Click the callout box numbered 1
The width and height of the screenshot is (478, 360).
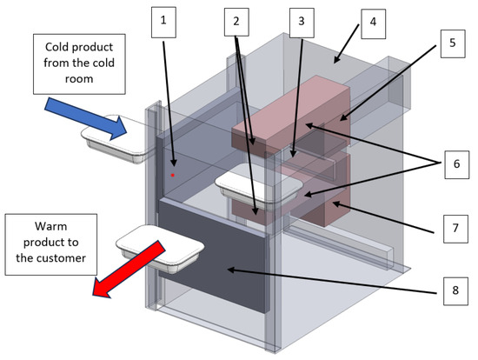pyautogui.click(x=163, y=23)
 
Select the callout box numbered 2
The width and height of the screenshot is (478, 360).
pyautogui.click(x=236, y=22)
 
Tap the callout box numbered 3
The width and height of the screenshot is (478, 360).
pyautogui.click(x=302, y=23)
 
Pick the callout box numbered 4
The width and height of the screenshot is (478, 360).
pyautogui.click(x=374, y=23)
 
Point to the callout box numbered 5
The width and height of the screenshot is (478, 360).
pyautogui.click(x=453, y=43)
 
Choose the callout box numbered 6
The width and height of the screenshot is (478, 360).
pyautogui.click(x=456, y=164)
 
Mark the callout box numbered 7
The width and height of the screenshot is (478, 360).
pyautogui.click(x=455, y=229)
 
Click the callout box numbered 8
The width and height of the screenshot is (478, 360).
pyautogui.click(x=455, y=291)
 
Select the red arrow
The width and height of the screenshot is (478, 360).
pyautogui.click(x=128, y=269)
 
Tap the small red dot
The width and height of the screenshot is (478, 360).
pyautogui.click(x=173, y=175)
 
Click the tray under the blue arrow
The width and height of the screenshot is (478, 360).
pyautogui.click(x=116, y=139)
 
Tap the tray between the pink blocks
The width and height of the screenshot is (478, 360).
pyautogui.click(x=259, y=185)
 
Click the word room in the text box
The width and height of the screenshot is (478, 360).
pyautogui.click(x=79, y=79)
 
